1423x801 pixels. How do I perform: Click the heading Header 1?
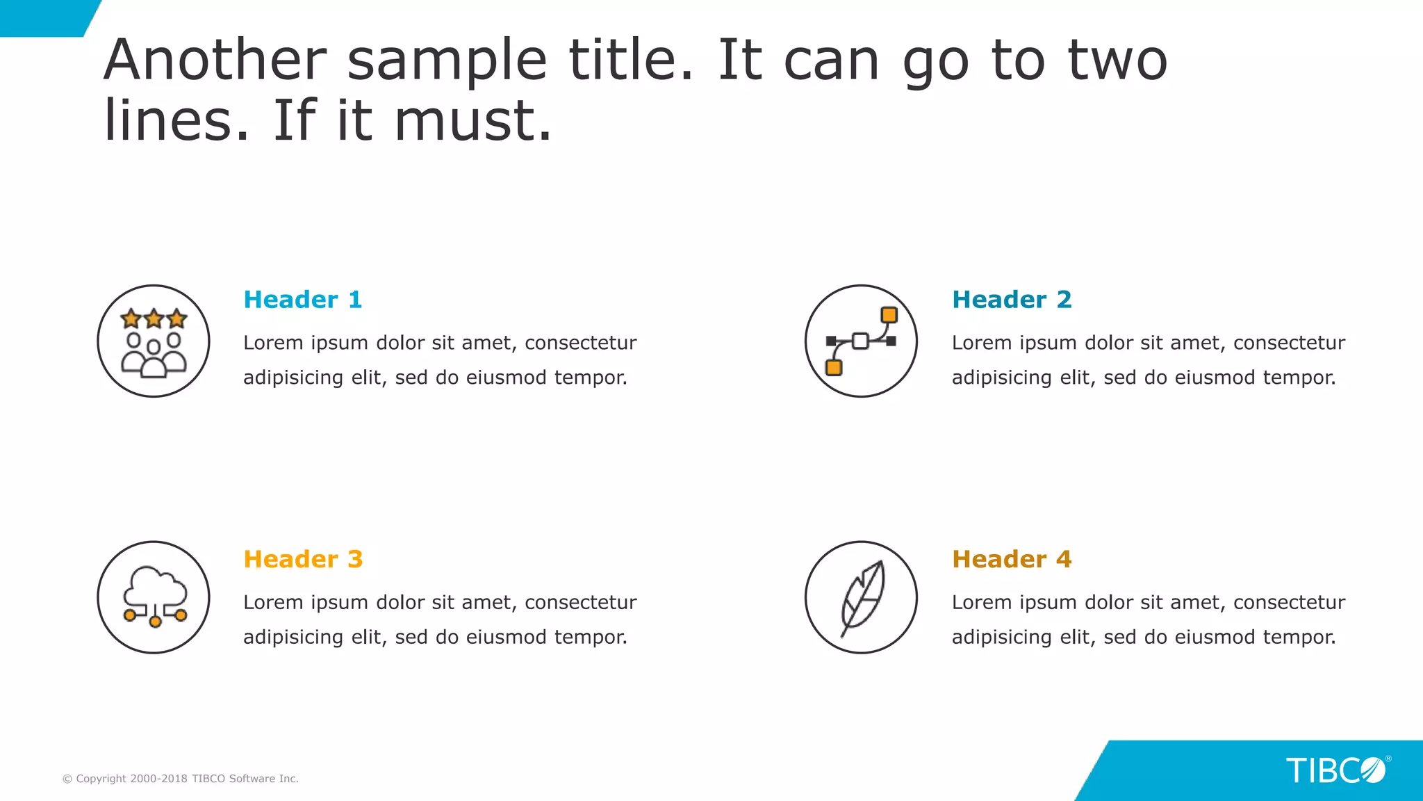(x=303, y=300)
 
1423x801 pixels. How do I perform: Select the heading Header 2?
(x=1012, y=300)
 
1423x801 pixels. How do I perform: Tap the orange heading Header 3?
(x=303, y=559)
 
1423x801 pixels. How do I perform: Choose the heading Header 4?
(x=1012, y=559)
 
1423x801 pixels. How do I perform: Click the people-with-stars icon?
(x=154, y=341)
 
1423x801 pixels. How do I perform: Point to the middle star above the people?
(x=154, y=318)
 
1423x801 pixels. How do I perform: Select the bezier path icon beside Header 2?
(x=861, y=341)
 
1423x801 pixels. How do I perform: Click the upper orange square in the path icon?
(x=889, y=315)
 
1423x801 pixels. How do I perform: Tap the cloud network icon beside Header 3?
(x=154, y=597)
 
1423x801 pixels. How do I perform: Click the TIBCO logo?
(x=1336, y=770)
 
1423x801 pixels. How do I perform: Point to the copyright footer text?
(x=181, y=779)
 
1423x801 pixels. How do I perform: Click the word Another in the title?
(x=215, y=60)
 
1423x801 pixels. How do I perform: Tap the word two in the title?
(x=1117, y=60)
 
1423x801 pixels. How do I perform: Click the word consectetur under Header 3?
(x=580, y=602)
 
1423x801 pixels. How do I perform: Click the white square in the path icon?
(x=860, y=341)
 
